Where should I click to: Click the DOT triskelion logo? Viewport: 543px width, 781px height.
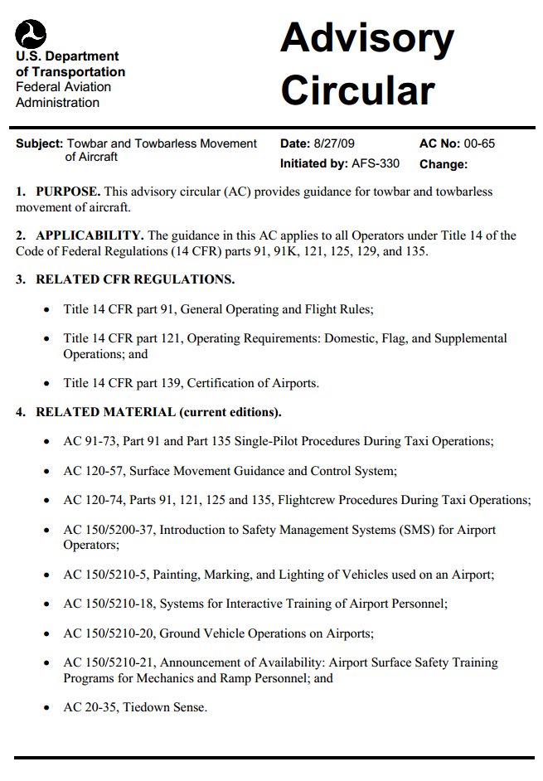point(31,32)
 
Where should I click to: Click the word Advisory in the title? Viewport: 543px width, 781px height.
point(367,39)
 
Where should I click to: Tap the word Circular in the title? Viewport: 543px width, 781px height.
point(357,91)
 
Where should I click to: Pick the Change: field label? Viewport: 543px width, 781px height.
point(444,164)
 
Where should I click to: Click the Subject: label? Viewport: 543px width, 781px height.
point(39,143)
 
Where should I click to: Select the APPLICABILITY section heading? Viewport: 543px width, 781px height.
point(90,235)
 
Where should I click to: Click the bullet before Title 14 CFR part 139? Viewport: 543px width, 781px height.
point(45,384)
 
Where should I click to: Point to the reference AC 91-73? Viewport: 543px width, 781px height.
point(90,441)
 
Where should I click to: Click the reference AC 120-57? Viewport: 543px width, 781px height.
point(93,471)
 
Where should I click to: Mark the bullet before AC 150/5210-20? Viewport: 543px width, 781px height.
point(45,634)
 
